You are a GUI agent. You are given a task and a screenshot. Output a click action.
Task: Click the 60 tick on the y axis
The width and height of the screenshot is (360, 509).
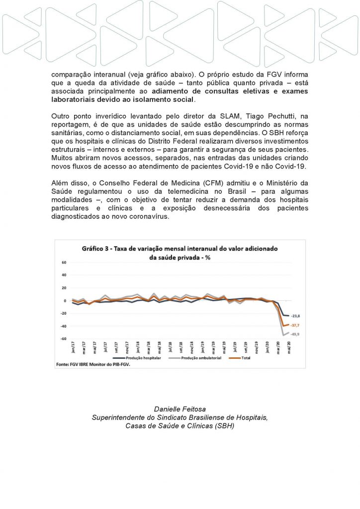click(64, 262)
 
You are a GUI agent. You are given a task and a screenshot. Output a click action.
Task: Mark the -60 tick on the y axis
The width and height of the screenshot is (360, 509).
click(63, 339)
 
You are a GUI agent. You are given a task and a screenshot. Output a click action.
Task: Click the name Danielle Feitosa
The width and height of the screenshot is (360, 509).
click(180, 409)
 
